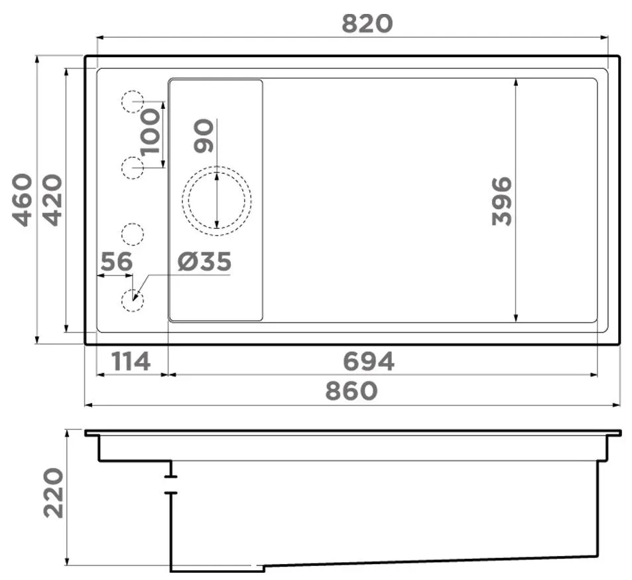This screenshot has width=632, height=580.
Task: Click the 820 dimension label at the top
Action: click(x=367, y=23)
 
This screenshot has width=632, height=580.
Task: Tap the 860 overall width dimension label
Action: click(x=351, y=391)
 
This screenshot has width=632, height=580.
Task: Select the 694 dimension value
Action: click(x=369, y=362)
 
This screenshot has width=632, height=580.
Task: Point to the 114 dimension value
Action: click(x=131, y=362)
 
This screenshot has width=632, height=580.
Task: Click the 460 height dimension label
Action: click(x=22, y=200)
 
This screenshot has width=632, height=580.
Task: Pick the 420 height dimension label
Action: click(x=53, y=200)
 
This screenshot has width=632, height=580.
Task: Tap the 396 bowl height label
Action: click(x=502, y=201)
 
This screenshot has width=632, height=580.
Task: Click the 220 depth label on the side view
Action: click(x=54, y=492)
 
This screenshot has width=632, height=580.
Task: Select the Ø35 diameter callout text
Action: click(x=204, y=261)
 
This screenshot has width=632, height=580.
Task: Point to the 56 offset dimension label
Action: click(x=117, y=261)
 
